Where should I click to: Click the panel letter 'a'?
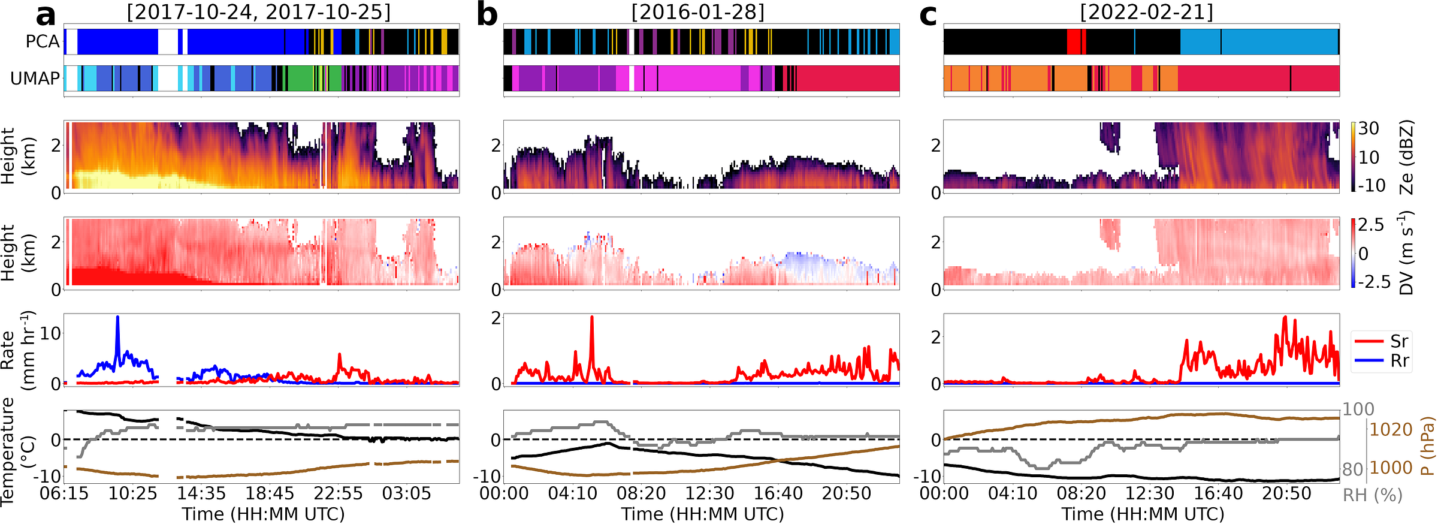46,16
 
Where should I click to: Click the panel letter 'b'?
487,16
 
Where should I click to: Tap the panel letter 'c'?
928,16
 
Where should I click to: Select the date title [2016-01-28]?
698,12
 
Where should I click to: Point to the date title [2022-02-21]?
1146,12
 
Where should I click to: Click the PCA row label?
43,41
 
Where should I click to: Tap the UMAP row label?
35,78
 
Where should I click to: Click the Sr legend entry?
1399,341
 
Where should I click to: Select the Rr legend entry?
1399,360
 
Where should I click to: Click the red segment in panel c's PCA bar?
1076,41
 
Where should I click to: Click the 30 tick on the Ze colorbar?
1368,128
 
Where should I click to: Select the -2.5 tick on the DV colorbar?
1374,281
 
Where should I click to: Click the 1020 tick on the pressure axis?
1391,429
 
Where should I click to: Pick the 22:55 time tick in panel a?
339,493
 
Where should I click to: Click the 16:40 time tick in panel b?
778,493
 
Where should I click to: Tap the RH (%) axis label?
1373,495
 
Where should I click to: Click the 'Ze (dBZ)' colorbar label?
1407,157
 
